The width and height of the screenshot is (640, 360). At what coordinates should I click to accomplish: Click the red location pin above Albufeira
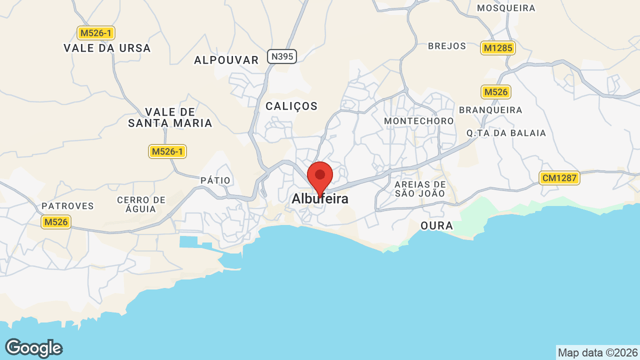(x=320, y=176)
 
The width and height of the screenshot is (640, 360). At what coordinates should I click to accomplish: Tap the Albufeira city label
(x=320, y=199)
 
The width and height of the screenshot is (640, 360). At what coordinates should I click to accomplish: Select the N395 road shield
(x=282, y=56)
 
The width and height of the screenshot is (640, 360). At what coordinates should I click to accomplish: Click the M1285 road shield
(x=498, y=48)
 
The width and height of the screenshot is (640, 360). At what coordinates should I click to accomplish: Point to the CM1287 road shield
(x=559, y=177)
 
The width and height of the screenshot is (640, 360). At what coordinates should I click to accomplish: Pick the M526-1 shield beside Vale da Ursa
(x=96, y=33)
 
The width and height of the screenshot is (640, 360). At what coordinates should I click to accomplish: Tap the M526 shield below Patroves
(x=56, y=222)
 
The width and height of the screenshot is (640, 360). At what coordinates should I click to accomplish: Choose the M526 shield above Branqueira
(x=496, y=92)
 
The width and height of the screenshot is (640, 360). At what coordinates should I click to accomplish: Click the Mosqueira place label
(x=506, y=8)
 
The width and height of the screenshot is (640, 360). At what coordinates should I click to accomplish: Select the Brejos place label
(x=447, y=46)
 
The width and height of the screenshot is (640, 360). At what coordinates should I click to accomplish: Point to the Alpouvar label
(x=226, y=60)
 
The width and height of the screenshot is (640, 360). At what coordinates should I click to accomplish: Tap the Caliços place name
(x=291, y=106)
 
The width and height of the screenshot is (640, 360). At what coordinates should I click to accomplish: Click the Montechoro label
(x=419, y=121)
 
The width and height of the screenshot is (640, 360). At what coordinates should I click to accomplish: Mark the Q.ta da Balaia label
(x=506, y=133)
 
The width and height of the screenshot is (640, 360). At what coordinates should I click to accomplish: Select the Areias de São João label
(x=420, y=189)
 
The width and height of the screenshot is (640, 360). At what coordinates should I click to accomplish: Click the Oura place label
(x=437, y=226)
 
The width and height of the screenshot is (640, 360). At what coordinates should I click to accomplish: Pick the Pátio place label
(x=215, y=180)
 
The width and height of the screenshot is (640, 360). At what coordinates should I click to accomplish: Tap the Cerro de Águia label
(x=141, y=204)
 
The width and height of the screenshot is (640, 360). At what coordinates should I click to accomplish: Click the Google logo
(x=33, y=348)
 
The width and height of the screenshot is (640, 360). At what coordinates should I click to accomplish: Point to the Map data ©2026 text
(x=597, y=352)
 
